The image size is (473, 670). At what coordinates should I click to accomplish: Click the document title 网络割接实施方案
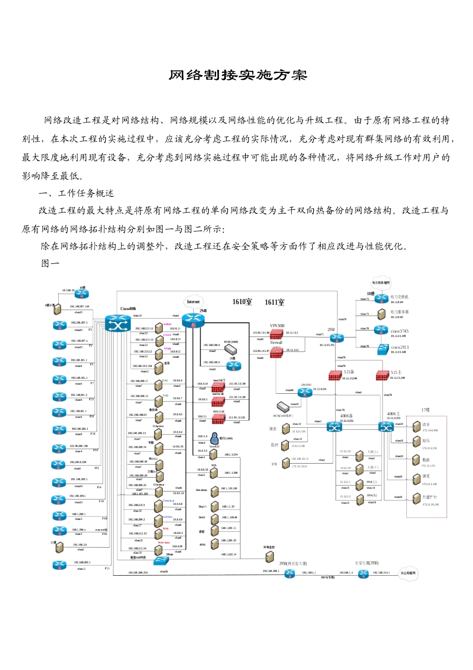click(x=237, y=75)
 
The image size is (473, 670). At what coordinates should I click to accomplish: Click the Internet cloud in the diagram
click(x=193, y=302)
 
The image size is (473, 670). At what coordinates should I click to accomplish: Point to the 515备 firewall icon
click(x=335, y=375)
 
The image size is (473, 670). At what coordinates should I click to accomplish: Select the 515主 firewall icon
click(x=382, y=375)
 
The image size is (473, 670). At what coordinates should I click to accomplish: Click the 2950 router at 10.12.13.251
click(x=337, y=338)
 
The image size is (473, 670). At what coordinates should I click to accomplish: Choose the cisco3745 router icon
click(x=381, y=330)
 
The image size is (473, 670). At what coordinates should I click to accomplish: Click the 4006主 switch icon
click(x=386, y=427)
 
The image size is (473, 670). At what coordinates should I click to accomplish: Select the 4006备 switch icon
click(x=334, y=427)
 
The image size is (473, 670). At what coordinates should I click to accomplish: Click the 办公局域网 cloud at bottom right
click(x=408, y=573)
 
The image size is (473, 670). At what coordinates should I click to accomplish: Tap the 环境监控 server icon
click(x=269, y=557)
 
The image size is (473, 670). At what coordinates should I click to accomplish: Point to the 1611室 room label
click(x=274, y=302)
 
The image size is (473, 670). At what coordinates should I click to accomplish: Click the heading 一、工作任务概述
click(x=77, y=193)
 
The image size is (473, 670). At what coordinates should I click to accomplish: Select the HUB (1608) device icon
click(x=231, y=349)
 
